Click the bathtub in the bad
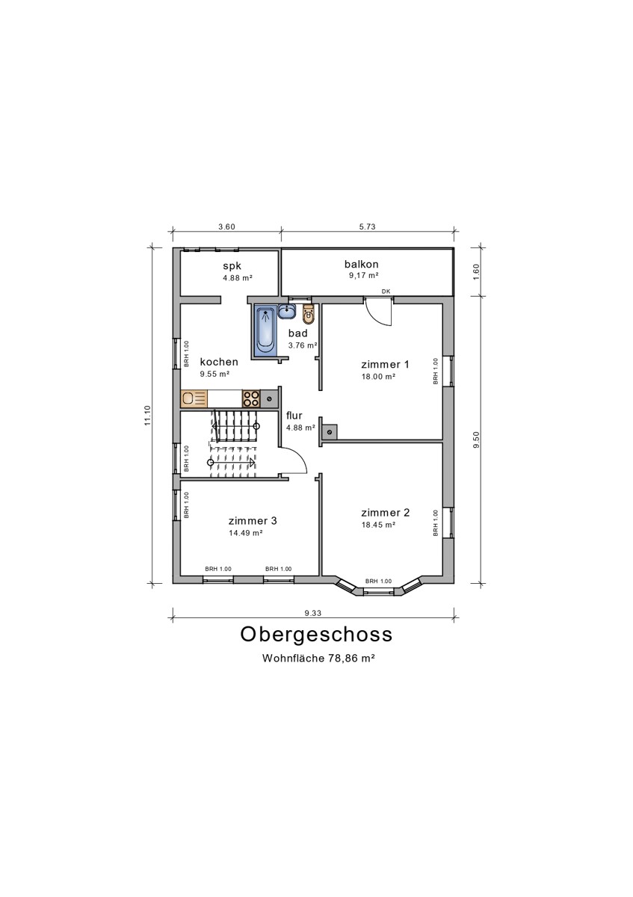click(265, 330)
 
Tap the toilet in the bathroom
click(309, 318)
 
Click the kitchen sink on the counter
click(194, 398)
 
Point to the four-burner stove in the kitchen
click(251, 398)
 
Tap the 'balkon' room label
click(362, 264)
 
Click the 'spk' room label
click(232, 265)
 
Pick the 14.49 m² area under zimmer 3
click(245, 533)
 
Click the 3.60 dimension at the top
click(226, 226)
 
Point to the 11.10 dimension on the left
click(148, 416)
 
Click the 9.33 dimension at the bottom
click(313, 613)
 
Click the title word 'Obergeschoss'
click(316, 634)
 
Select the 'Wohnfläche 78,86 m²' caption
click(318, 659)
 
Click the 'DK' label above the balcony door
click(386, 292)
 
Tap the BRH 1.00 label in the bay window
click(378, 581)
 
